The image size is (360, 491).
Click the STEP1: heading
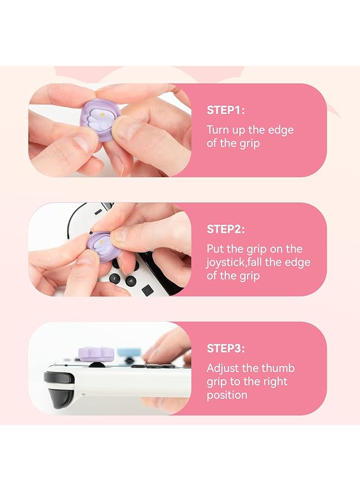tap(226, 110)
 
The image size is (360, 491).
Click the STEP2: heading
tap(226, 229)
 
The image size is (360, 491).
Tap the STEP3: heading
tap(226, 348)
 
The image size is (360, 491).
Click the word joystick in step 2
tap(225, 262)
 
